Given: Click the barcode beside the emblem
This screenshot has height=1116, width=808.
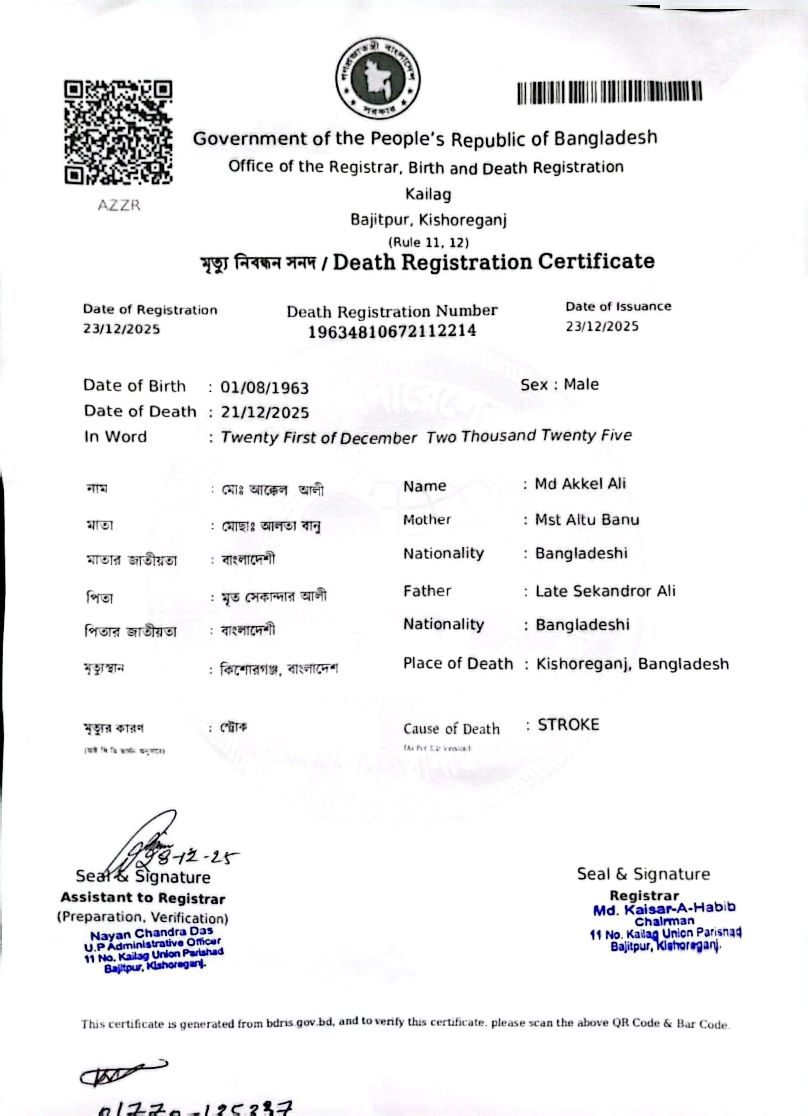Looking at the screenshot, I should [x=609, y=92].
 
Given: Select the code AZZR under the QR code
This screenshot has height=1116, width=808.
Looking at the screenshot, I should [x=119, y=205].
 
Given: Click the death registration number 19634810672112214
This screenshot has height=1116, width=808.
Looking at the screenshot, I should [x=392, y=331].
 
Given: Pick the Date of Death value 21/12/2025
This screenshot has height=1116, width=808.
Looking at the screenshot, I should [x=264, y=412].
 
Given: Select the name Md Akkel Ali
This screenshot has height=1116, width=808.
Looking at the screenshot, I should [x=580, y=484].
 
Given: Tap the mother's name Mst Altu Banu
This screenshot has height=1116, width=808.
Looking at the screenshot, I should [x=587, y=520].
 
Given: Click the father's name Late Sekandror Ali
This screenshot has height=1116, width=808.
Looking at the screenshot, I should [x=605, y=591].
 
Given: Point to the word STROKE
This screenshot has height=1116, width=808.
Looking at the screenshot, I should [x=568, y=725].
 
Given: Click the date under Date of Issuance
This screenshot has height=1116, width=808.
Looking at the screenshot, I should [x=602, y=326].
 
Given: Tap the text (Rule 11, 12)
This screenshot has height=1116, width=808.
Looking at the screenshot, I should [x=429, y=243].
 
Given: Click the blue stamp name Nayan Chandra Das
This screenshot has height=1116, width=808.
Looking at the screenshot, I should [x=151, y=933].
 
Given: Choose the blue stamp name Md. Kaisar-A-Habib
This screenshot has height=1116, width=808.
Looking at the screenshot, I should [x=664, y=908].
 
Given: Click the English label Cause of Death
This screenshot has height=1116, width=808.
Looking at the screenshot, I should [x=451, y=729].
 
